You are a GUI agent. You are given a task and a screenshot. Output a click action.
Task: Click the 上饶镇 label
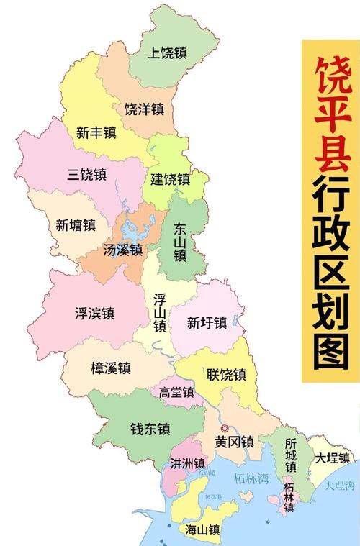tap(167, 52)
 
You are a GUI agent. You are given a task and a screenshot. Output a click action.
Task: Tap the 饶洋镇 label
tap(144, 109)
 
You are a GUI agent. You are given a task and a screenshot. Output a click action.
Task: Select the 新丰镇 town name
tap(96, 132)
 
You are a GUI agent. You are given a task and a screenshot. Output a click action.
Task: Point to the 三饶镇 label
tap(87, 174)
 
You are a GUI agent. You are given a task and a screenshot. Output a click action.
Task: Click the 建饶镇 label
tap(170, 179)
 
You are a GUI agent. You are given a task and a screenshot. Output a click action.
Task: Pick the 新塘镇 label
tap(76, 224)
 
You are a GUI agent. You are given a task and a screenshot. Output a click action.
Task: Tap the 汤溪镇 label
tap(122, 250)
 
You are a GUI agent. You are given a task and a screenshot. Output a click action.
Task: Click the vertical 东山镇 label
tap(180, 241)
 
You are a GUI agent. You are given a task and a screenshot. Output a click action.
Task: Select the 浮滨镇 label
tap(94, 313)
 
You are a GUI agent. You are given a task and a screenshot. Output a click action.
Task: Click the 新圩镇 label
tap(207, 322)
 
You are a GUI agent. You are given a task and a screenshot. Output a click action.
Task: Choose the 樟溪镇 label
tap(111, 368)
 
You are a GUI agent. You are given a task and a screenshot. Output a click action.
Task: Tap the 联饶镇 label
tap(226, 374)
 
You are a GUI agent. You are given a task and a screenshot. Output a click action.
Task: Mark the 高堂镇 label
tap(176, 393)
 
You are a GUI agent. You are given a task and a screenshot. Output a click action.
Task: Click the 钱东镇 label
tap(150, 429)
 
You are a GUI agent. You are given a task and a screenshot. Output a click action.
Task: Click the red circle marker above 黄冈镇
tap(224, 428)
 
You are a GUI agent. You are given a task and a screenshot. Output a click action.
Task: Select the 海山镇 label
tap(202, 530)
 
